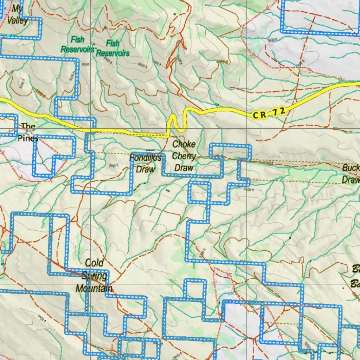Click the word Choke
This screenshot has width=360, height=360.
coord(184,144)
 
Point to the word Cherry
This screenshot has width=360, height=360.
coord(184,156)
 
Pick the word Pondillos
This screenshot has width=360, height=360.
coord(145,158)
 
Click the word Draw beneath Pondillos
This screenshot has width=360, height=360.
coord(145,169)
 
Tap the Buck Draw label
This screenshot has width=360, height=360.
coord(351,174)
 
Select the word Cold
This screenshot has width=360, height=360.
coord(94,263)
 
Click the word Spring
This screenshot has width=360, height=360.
coord(94,276)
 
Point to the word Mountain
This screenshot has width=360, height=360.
coord(94,289)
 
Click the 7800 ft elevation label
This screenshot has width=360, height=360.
coord(114,166)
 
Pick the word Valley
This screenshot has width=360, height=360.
coord(18,20)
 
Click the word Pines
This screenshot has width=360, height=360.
coord(28,139)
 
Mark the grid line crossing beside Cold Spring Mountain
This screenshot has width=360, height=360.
coord(90,284)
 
